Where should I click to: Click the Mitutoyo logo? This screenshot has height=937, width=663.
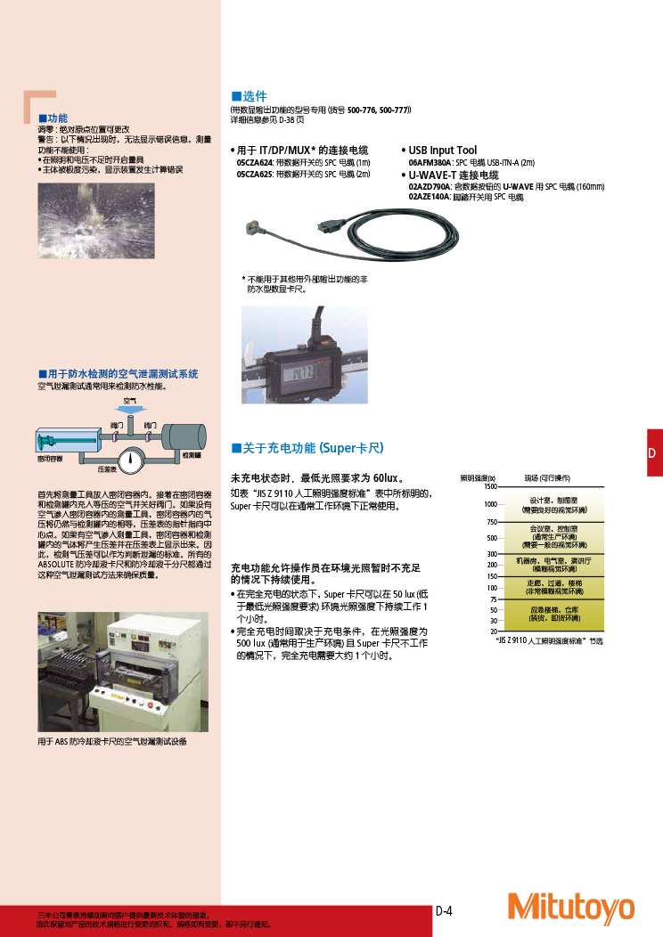[x=570, y=908]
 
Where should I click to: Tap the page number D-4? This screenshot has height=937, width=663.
[x=444, y=911]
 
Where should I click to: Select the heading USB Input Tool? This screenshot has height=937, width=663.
[x=443, y=151]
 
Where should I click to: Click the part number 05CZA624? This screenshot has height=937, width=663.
[x=254, y=163]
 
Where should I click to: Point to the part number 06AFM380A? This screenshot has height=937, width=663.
[x=430, y=163]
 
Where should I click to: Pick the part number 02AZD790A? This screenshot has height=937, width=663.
[x=430, y=187]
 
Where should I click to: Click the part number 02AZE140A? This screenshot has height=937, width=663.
[x=430, y=197]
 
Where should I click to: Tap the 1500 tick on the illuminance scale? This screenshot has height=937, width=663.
[x=490, y=486]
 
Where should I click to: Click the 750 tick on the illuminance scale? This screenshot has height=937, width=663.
[x=491, y=522]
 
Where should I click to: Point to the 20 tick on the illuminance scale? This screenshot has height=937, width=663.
[x=494, y=631]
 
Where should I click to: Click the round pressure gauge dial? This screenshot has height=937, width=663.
[x=131, y=460]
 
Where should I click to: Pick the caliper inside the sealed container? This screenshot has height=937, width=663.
[x=64, y=440]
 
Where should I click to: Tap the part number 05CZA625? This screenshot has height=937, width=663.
[x=254, y=174]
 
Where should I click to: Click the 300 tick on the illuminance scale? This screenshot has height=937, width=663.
[x=491, y=554]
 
